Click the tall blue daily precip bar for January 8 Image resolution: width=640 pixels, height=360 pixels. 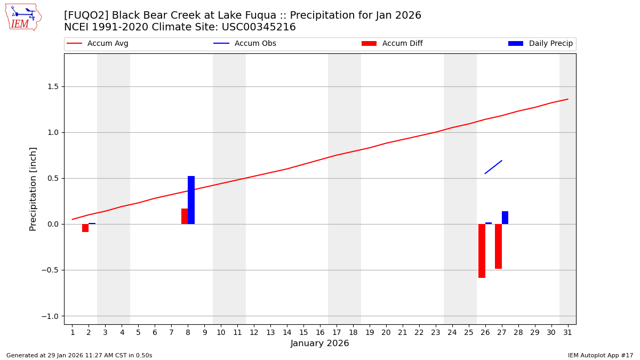click(191, 200)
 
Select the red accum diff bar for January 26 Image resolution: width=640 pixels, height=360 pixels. click(482, 251)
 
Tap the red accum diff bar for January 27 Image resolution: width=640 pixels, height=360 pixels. click(498, 246)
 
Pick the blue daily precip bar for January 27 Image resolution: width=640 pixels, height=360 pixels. click(505, 218)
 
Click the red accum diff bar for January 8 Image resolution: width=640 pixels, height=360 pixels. click(185, 216)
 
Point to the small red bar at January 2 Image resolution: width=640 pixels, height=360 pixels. click(85, 228)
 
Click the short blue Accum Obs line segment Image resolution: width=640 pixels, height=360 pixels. click(493, 167)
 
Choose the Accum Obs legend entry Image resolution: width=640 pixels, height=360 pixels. click(245, 44)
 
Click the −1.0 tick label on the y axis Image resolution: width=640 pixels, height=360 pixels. click(50, 316)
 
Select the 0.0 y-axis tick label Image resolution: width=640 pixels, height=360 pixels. click(53, 224)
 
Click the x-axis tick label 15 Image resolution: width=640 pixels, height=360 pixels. click(303, 333)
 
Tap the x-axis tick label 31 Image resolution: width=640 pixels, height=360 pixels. click(567, 333)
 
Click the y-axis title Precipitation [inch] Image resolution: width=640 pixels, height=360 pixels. click(33, 189)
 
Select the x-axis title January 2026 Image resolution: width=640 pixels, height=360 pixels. click(320, 343)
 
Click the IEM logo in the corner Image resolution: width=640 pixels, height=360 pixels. click(23, 17)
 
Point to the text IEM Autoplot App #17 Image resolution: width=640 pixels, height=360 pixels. click(601, 355)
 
